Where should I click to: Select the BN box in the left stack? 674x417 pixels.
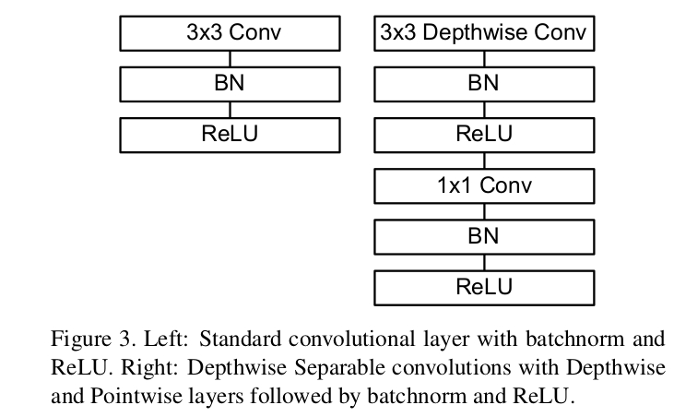click(230, 84)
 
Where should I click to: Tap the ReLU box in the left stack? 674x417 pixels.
click(230, 134)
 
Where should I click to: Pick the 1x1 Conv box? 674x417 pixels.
click(484, 185)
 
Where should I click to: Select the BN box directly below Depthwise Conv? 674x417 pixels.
click(484, 84)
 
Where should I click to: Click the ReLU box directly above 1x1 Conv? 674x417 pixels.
click(484, 134)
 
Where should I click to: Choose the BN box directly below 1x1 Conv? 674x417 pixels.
click(484, 236)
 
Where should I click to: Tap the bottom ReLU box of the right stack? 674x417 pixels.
click(484, 287)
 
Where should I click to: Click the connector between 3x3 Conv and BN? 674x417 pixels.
click(230, 59)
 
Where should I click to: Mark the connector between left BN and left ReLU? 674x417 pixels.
click(230, 109)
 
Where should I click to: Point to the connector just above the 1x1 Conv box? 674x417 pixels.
click(484, 160)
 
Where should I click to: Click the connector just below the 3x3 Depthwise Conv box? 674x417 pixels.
click(484, 59)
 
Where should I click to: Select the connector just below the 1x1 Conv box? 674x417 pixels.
click(484, 211)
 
